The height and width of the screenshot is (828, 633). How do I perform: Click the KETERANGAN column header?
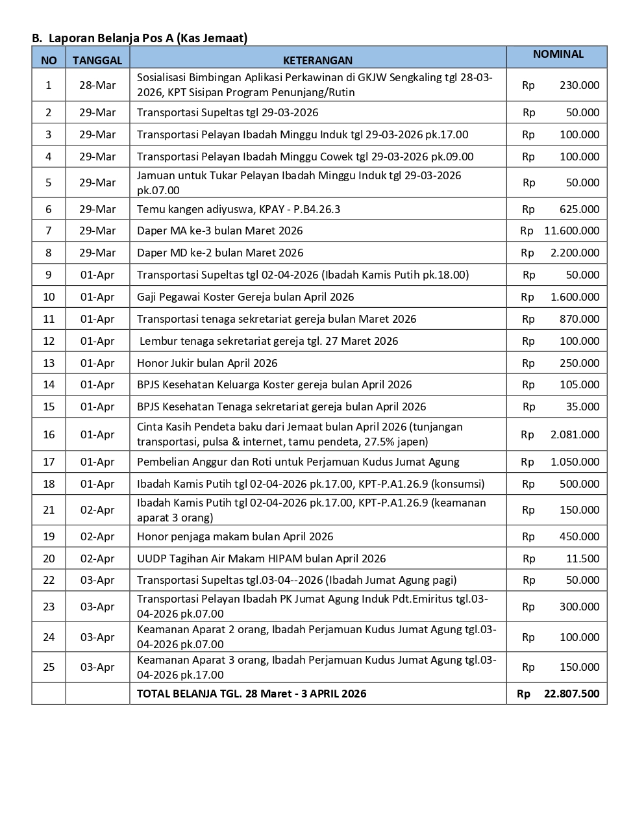pos(317,60)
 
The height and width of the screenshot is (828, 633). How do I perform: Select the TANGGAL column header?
pos(97,60)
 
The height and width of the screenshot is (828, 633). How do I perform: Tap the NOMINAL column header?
pos(558,55)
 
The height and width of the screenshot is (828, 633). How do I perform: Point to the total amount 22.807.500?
pos(571,694)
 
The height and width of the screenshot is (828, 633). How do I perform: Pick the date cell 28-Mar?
pos(97,85)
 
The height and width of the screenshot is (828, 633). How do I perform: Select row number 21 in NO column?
pos(49,510)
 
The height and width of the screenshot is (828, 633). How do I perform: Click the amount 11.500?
pos(582,558)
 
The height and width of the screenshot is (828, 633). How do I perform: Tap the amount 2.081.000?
pos(575,434)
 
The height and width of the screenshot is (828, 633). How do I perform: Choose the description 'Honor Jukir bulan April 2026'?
pos(207,363)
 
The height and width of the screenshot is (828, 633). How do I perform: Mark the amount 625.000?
pos(579,209)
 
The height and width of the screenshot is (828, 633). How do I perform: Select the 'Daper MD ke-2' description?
pos(220,253)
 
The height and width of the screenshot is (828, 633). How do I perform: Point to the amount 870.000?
pos(579,319)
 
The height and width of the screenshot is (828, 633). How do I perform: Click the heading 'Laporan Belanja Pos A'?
pos(147,38)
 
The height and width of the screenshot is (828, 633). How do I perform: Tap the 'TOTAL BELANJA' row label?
pos(251,694)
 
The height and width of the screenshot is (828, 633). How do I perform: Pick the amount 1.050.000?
pos(575,462)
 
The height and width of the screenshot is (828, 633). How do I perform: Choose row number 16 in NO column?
pos(49,434)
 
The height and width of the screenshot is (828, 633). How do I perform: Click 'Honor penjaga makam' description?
pos(235,536)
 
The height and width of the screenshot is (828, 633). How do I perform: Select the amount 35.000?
pos(582,407)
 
